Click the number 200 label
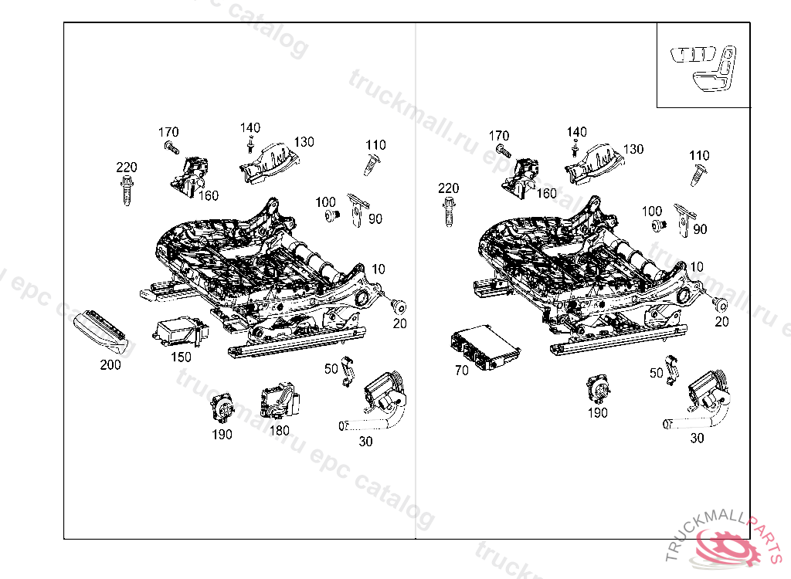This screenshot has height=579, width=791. (x=110, y=364)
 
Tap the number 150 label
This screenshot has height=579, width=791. (x=181, y=357)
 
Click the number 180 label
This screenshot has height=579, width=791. (x=279, y=430)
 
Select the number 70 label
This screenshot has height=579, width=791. (x=462, y=371)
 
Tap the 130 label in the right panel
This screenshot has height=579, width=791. (x=633, y=149)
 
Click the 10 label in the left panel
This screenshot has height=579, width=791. (x=379, y=269)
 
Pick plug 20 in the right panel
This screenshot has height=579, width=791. (x=718, y=302)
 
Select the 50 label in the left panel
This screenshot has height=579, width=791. (x=331, y=368)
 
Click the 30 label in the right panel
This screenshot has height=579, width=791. (x=697, y=438)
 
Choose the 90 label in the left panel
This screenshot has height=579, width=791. (x=375, y=219)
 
